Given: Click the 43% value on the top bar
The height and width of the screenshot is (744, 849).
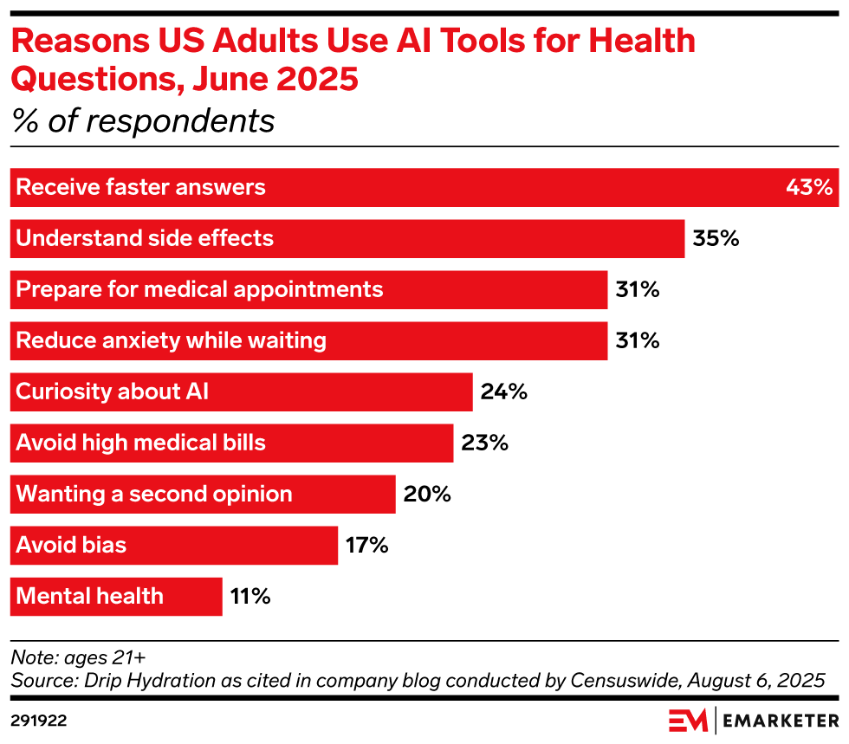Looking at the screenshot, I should tap(808, 187).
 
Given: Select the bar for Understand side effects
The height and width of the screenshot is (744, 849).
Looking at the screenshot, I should tap(347, 238).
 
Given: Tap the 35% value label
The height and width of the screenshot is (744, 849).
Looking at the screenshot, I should tap(716, 238).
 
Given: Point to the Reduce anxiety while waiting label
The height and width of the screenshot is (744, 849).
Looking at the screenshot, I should tap(172, 340).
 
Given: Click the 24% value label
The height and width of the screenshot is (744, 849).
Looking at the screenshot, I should tap(504, 391).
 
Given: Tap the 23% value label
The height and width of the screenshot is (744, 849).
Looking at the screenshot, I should tap(484, 443).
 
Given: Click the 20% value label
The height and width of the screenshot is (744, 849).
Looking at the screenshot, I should tap(427, 494).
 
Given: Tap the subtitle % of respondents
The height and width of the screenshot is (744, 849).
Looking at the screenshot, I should tap(143, 120).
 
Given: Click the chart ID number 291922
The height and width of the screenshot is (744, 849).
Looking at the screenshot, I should tap(39, 720).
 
